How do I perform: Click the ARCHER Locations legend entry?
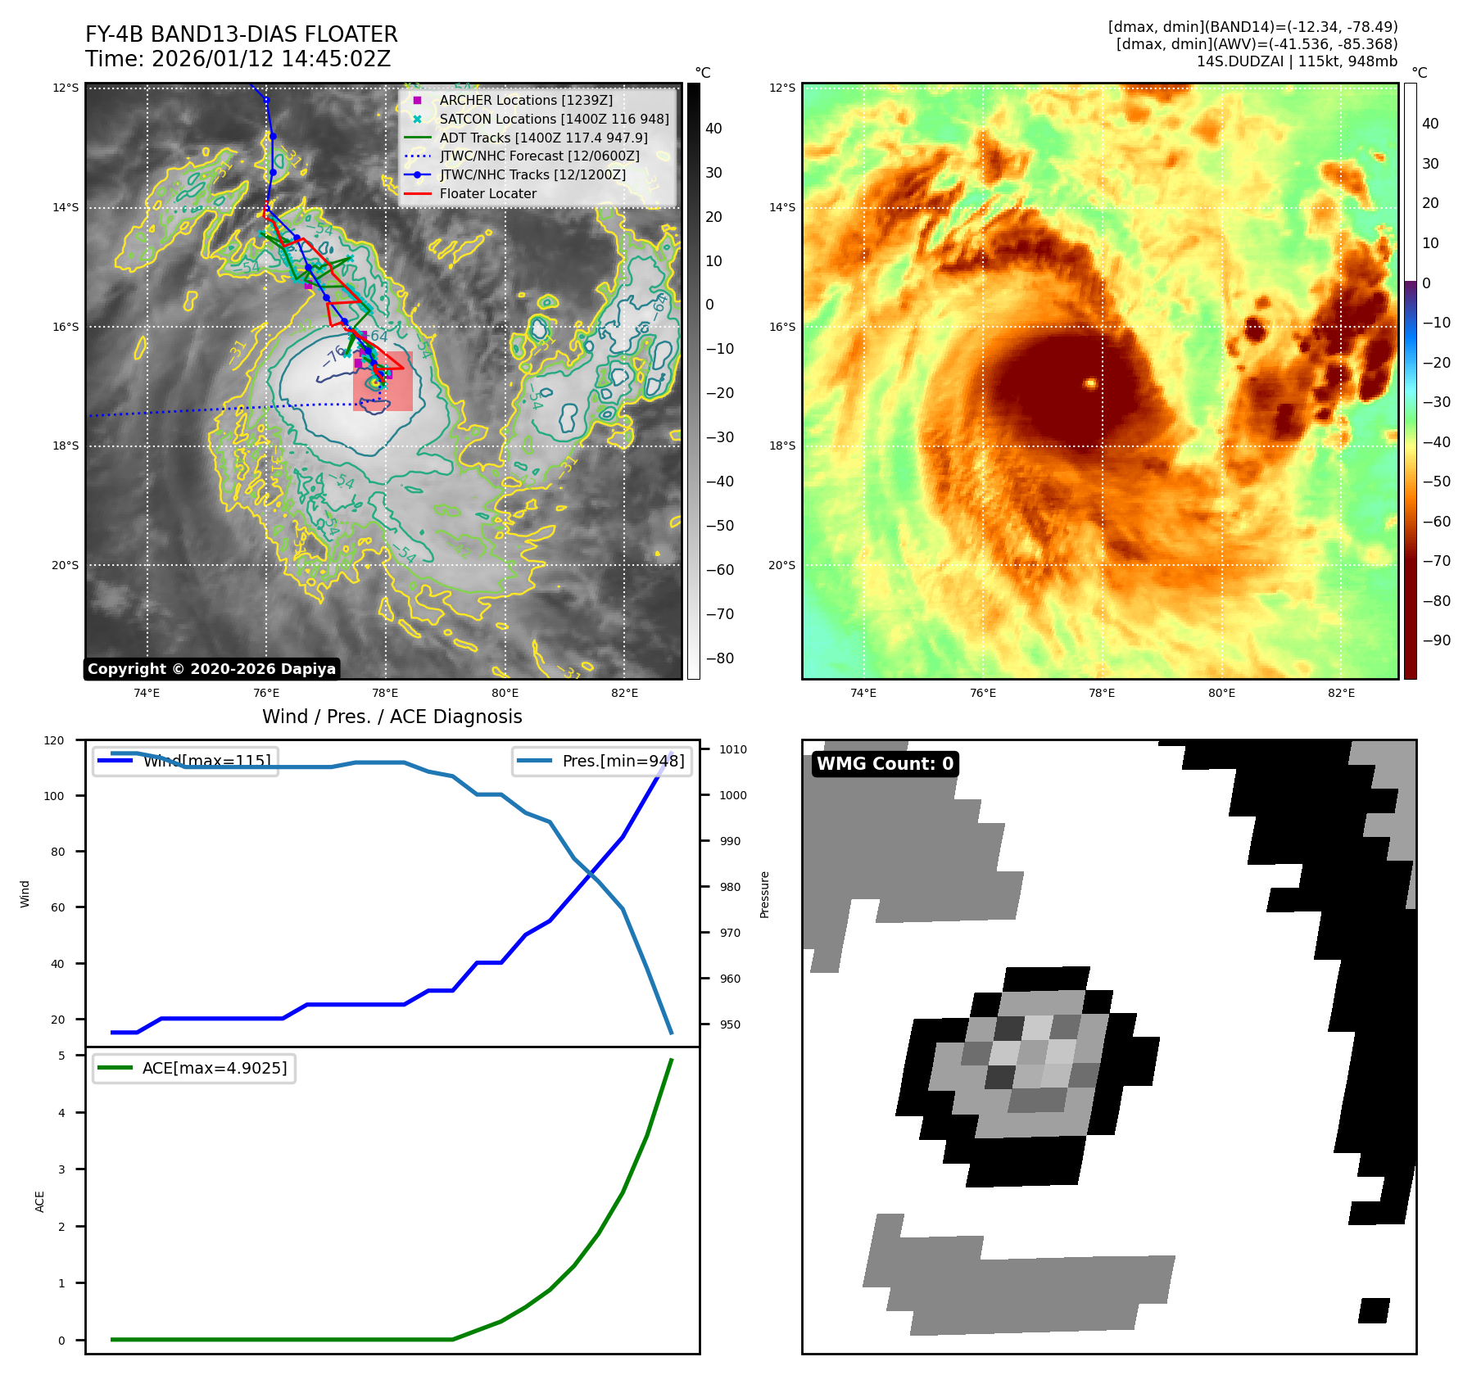click(x=525, y=100)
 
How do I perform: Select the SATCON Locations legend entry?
click(x=554, y=119)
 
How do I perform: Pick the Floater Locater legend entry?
click(x=487, y=193)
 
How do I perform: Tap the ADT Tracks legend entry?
click(x=543, y=138)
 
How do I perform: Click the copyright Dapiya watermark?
click(x=211, y=669)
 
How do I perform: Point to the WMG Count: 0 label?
click(x=885, y=764)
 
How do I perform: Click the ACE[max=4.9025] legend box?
click(x=194, y=1068)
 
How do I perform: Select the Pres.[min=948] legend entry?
click(x=603, y=761)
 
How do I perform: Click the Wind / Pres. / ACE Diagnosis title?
click(x=392, y=717)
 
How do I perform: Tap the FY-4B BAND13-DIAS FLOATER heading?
click(x=241, y=34)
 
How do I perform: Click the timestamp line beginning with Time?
click(x=238, y=59)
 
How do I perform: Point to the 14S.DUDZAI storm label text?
click(x=1297, y=61)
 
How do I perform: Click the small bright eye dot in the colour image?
click(x=1090, y=382)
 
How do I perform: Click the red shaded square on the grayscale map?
click(x=383, y=381)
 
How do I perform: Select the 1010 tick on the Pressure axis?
click(x=733, y=749)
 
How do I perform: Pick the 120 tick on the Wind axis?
click(x=54, y=740)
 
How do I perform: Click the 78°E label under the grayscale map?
click(x=385, y=694)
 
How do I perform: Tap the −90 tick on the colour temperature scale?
click(x=1436, y=640)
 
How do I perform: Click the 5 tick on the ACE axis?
click(x=61, y=1056)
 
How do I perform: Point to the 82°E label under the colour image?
click(x=1341, y=694)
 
